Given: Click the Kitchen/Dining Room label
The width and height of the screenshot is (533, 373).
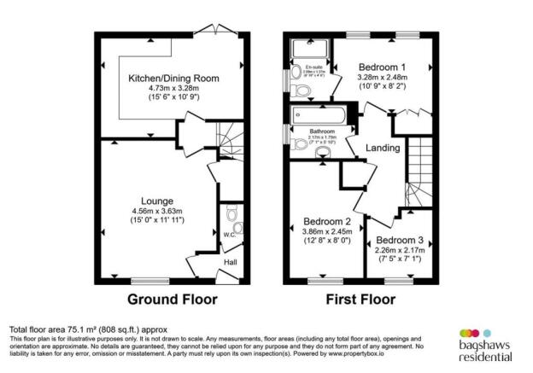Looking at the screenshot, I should (173, 78).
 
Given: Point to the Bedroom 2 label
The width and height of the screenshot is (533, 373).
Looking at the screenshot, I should (328, 222).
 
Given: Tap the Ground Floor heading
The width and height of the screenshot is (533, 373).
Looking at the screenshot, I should (172, 300).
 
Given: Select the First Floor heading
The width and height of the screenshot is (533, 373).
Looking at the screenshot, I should (360, 300).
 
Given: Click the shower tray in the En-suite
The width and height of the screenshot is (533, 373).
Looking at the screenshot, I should (303, 49).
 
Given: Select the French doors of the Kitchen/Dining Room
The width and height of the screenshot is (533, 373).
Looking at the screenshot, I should (208, 33).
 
